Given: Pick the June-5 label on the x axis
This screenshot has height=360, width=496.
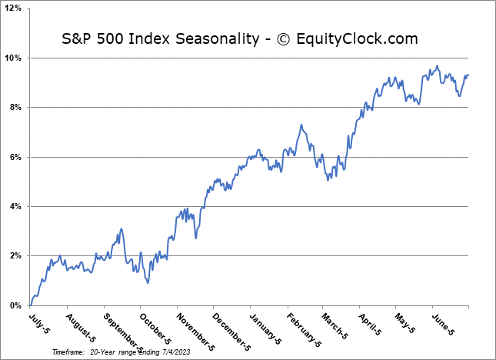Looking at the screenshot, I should click(x=444, y=322).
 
